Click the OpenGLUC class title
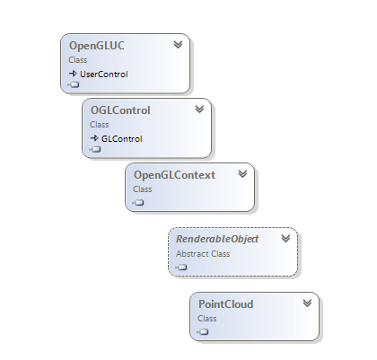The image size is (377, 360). coord(97,46)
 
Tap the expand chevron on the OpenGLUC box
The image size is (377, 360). coord(178,45)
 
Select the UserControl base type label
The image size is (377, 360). coord(104,75)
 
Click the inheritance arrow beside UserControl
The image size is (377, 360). coord(73,74)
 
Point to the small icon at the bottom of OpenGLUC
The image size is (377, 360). coord(74,85)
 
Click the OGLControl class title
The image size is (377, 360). coord(120,110)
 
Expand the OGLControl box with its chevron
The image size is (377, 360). coord(199,110)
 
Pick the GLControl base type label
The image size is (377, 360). coord(122,139)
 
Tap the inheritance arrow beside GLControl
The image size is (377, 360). coord(94,138)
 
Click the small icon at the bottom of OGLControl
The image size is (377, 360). coord(95,149)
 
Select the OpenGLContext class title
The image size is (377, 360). coord(174,175)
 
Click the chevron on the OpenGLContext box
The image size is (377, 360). coord(242,174)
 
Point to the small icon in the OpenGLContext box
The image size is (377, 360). coord(138,203)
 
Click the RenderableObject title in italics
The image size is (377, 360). coord(217,239)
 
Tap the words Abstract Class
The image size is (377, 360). coord(203,254)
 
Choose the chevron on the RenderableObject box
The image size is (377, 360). coord(285,239)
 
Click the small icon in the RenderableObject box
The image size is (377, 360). coord(181,268)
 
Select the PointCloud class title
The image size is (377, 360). coord(226,304)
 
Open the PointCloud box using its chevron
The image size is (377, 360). coord(307,303)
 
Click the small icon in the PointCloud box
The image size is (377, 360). coord(203,332)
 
